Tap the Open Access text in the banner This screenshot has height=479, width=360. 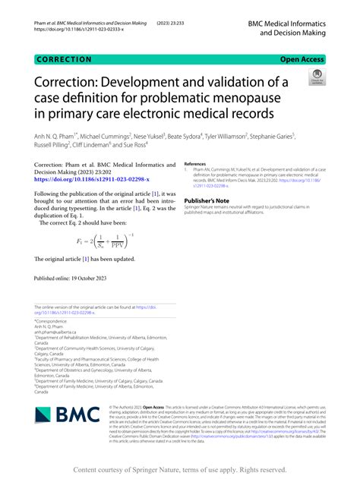[303, 57]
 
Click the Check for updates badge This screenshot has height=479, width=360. [316, 77]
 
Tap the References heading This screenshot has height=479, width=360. [196, 162]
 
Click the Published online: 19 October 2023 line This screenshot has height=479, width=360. [69, 279]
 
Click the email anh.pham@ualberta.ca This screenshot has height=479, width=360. [55, 332]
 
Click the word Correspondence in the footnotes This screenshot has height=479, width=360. [52, 321]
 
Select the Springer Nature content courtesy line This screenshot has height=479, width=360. [180, 470]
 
